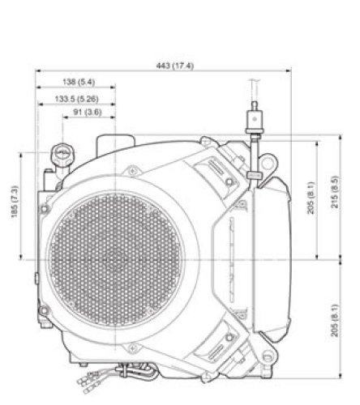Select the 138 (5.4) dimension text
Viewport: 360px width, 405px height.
[x=78, y=82]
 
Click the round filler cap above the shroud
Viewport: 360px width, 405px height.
[x=62, y=152]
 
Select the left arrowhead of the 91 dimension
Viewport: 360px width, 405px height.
[x=63, y=118]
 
